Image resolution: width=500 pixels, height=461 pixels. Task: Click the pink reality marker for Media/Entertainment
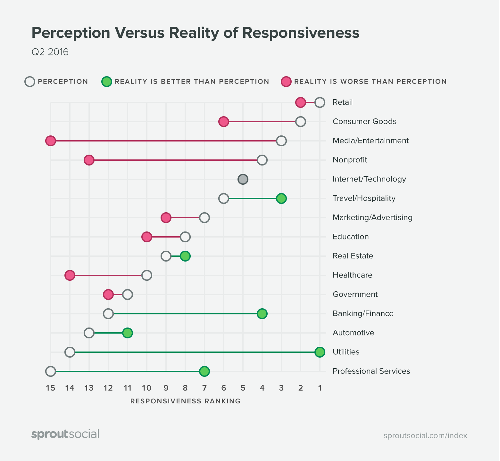(51, 141)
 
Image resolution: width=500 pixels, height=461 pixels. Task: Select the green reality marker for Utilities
(320, 352)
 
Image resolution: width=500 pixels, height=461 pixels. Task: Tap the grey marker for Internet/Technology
(243, 179)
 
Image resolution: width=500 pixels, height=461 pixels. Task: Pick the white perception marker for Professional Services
(51, 371)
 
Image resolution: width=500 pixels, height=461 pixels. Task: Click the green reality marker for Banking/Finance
(262, 314)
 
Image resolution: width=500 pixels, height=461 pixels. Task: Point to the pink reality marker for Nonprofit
(89, 160)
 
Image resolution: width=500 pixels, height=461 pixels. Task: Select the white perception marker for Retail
(320, 102)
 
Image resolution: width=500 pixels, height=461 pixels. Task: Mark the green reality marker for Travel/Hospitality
(281, 198)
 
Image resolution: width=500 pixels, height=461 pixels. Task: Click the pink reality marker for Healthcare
(70, 275)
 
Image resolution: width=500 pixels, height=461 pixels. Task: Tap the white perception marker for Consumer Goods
(300, 122)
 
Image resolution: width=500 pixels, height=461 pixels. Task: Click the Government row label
(355, 294)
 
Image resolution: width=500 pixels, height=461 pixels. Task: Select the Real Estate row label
(353, 256)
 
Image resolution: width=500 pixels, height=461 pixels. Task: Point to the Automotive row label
(353, 333)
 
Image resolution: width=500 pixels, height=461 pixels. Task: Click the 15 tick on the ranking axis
(51, 388)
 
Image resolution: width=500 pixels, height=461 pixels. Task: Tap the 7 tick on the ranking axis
(204, 388)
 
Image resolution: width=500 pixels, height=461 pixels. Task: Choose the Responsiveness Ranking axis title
(185, 401)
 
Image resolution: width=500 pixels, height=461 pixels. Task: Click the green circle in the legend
(106, 82)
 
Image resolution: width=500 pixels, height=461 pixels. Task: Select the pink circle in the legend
(286, 82)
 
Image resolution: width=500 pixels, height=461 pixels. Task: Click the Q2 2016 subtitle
(50, 52)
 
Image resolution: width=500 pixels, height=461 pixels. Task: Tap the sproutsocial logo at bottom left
(65, 434)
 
